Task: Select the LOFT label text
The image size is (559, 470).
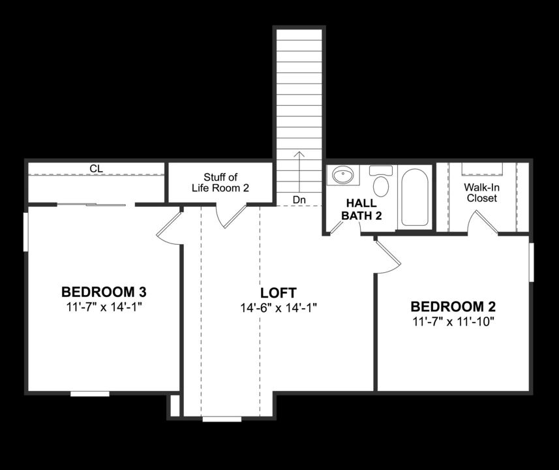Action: pos(279,292)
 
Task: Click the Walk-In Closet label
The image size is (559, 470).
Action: pos(481,192)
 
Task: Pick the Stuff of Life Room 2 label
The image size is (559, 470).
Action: pos(220,182)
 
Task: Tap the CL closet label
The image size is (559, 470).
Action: pos(96,168)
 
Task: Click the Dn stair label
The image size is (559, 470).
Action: pos(299,199)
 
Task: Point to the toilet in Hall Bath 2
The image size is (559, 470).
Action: pos(381,182)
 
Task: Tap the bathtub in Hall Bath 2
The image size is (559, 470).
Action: pos(414,196)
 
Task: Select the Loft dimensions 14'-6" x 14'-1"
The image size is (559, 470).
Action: pos(279,307)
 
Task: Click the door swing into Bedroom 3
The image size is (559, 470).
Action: pos(170,226)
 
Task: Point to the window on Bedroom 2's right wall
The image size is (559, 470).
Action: pos(531,262)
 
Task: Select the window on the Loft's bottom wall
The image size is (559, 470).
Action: pos(222,418)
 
